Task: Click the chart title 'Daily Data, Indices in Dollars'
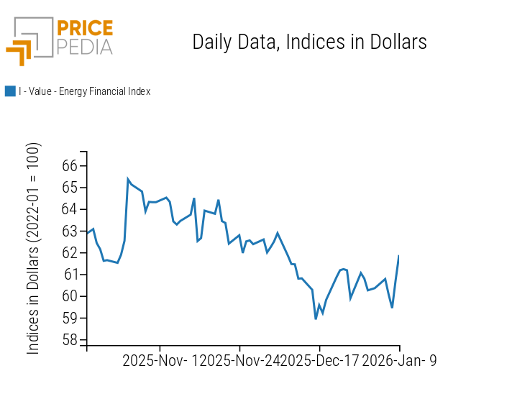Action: tap(309, 42)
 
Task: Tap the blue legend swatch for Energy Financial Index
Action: tap(10, 91)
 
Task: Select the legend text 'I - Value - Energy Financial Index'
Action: tap(84, 91)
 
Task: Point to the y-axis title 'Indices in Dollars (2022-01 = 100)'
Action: tap(34, 248)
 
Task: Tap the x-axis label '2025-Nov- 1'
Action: tap(160, 361)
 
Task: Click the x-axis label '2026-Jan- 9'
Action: tap(399, 361)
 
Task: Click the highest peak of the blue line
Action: tap(128, 179)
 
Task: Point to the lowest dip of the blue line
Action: tap(316, 318)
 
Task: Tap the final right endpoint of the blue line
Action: tap(399, 256)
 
